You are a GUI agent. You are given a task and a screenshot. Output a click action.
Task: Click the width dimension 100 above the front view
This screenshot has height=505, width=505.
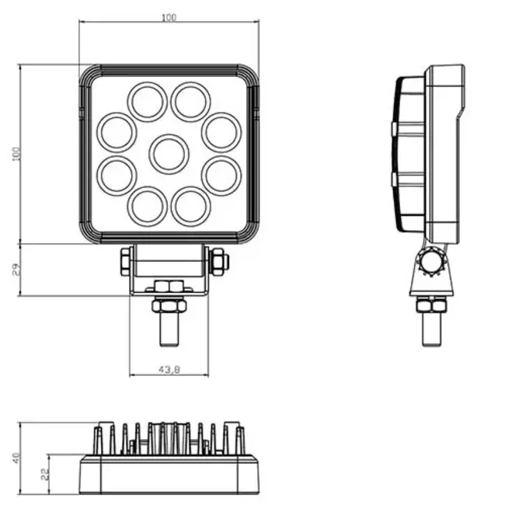coord(169,17)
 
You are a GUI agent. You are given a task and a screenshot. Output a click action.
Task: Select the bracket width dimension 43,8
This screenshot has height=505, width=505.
coord(169,370)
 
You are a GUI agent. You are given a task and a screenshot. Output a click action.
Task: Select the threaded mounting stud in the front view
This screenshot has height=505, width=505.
coord(169,326)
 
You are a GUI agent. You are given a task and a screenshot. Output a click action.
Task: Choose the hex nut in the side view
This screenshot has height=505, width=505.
coord(431,305)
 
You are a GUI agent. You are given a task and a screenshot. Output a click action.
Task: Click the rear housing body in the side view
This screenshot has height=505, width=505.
coord(444,152)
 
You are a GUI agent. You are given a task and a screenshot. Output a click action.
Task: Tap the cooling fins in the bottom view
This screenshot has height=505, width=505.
coord(169,439)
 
